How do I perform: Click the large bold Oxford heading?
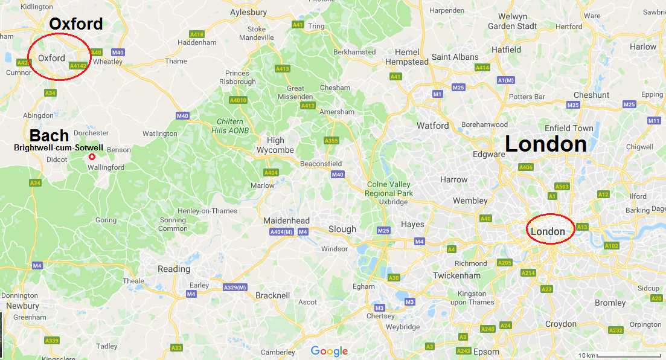click(76, 24)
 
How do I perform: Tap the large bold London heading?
click(545, 144)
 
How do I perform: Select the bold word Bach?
click(50, 135)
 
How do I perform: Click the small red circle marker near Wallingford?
click(92, 157)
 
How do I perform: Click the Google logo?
click(329, 351)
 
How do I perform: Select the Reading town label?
click(174, 269)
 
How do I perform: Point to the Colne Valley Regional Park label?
click(388, 188)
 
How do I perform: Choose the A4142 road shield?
click(78, 65)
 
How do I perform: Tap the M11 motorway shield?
click(654, 121)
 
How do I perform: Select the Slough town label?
click(342, 229)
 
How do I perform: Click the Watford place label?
click(433, 126)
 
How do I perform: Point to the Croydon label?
click(561, 324)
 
